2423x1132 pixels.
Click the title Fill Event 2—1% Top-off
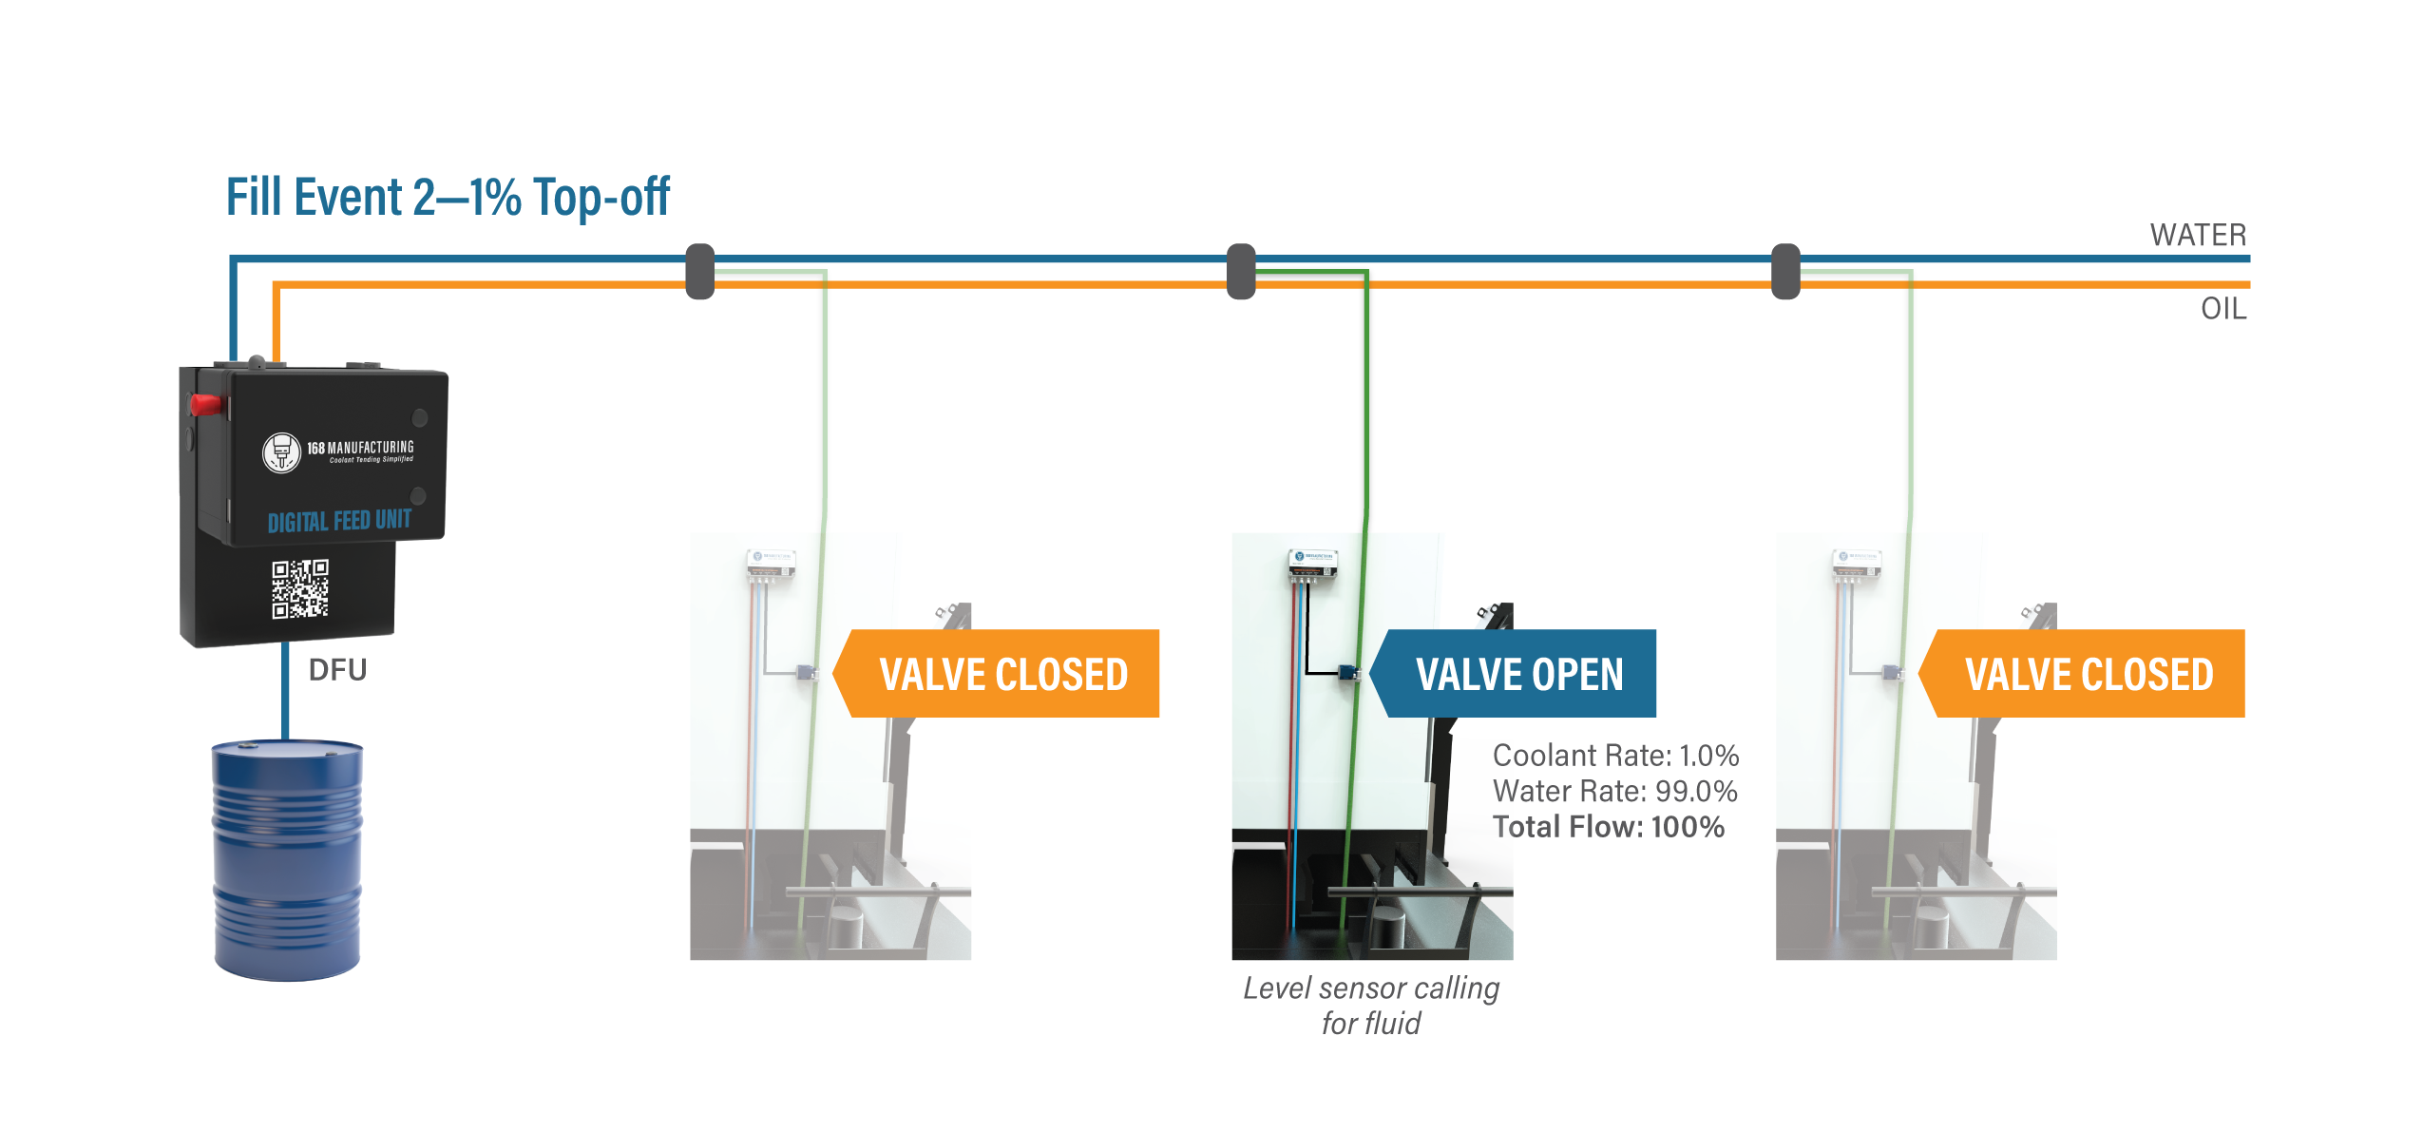(448, 198)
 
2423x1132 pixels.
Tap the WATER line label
(2198, 235)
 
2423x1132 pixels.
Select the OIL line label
(2223, 309)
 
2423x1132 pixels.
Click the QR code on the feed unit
(300, 588)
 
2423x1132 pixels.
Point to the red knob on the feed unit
(206, 405)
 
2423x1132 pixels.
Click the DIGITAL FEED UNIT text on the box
(339, 521)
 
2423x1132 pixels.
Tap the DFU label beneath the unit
(337, 670)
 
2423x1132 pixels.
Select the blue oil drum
(287, 859)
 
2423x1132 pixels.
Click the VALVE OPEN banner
(1518, 674)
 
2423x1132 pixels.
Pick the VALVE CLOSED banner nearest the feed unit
(1002, 674)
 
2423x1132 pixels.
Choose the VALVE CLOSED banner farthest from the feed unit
(2088, 674)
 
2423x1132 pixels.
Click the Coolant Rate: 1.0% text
(1615, 756)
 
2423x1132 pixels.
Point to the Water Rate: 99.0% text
(1614, 791)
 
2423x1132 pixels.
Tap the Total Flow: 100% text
(1608, 827)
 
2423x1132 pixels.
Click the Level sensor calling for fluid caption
(1371, 1006)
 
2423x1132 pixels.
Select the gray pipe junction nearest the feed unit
(700, 272)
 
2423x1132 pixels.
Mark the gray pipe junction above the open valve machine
(1241, 272)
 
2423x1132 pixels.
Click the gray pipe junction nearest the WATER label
(1786, 272)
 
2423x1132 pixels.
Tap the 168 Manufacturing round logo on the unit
(281, 452)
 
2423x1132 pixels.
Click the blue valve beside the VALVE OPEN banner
(1347, 673)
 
